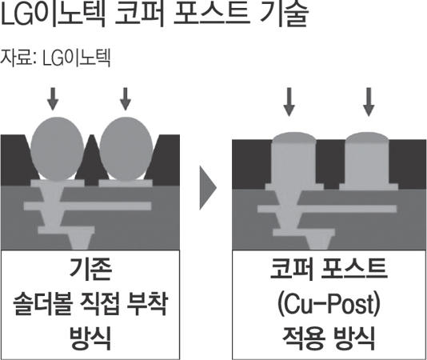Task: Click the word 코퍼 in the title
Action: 140,14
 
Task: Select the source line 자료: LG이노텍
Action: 55,58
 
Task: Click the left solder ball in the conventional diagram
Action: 57,149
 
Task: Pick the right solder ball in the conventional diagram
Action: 126,149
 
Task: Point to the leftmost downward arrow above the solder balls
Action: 53,99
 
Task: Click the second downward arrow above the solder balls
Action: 126,99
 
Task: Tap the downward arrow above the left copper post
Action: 289,102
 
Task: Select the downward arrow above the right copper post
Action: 369,102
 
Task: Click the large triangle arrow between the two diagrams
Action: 208,188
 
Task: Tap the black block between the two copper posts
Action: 330,163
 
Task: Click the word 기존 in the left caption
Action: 90,269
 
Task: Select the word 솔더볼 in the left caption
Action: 42,304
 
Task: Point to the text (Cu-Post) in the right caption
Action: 329,304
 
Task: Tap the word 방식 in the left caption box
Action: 90,338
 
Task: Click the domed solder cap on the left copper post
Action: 293,138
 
